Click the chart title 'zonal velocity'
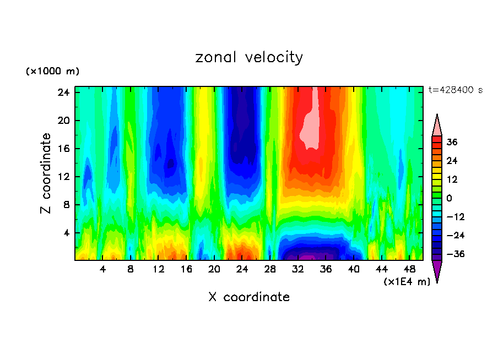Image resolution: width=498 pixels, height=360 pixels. [x=249, y=57]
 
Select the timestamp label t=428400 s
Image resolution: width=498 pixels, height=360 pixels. [x=455, y=90]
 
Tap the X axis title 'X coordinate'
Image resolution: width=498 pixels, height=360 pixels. [x=249, y=297]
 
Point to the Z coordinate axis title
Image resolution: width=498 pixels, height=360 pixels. [x=46, y=173]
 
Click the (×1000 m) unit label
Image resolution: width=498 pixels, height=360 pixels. [x=52, y=72]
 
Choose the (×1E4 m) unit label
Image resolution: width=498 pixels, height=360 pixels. [x=407, y=281]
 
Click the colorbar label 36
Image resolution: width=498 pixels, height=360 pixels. [x=452, y=142]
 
